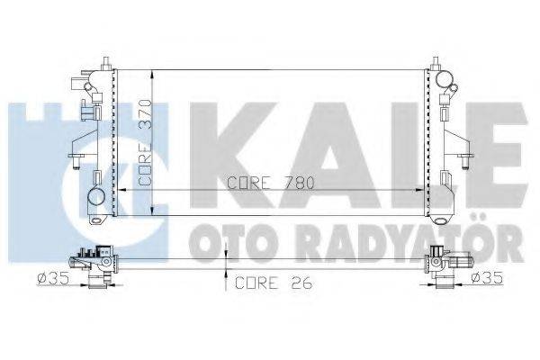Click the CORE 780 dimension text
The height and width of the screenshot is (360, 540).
tap(271, 182)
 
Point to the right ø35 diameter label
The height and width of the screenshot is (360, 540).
tap(489, 278)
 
